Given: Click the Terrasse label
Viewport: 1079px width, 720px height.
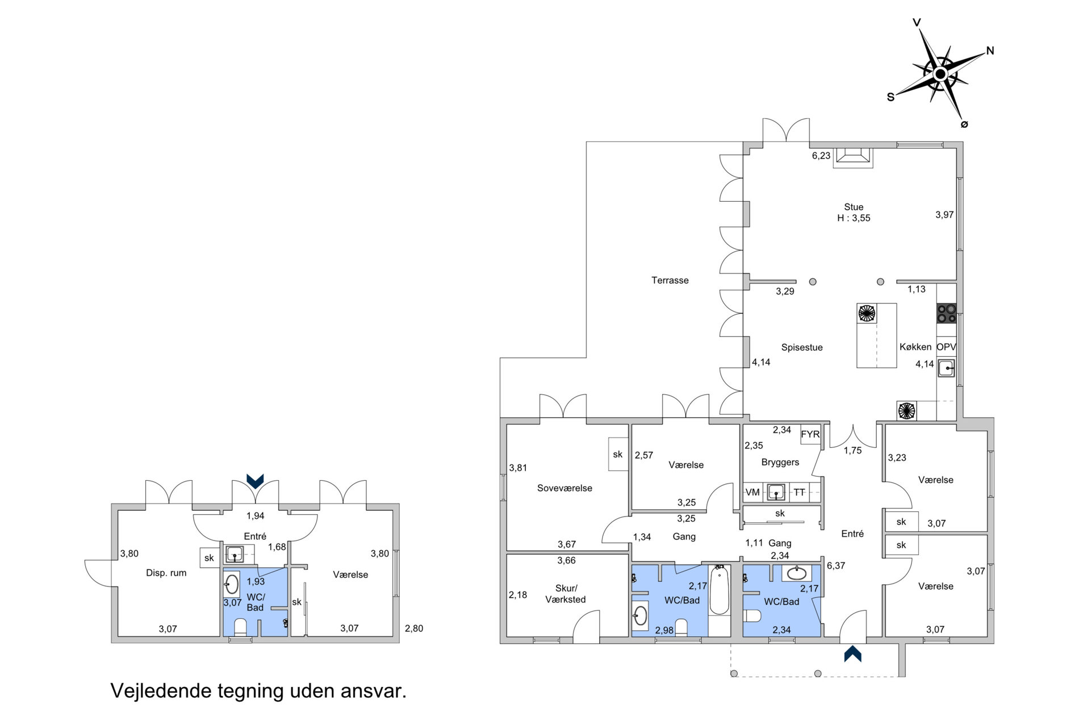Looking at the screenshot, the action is [670, 280].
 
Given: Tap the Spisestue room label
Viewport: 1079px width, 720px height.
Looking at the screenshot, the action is [801, 347].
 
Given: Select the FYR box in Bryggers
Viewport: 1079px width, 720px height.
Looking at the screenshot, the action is [810, 434].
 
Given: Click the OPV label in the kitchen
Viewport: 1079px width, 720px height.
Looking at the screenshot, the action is [946, 347].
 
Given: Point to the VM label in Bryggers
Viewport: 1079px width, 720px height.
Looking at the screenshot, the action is [752, 492].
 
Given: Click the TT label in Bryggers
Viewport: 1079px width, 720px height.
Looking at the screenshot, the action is [799, 492].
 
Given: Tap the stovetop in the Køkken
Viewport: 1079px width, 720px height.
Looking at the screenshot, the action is [946, 313].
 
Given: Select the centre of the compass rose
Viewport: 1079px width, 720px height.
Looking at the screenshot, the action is [940, 74].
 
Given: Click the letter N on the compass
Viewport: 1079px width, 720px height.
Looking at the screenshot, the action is [990, 51].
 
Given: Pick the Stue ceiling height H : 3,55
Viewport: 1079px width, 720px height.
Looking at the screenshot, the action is [854, 218].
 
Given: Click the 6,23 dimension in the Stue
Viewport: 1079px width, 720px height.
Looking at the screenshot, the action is [821, 156].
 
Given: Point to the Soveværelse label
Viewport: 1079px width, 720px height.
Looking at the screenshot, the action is [564, 488].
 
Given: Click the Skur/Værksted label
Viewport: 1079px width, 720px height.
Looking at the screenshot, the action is [566, 594].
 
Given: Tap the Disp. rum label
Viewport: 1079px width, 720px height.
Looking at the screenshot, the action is [166, 573].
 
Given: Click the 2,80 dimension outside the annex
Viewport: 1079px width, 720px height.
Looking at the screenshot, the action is [414, 629].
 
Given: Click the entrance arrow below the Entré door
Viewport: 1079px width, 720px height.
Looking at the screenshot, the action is [852, 654].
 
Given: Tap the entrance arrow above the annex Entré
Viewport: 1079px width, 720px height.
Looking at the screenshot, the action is [255, 481].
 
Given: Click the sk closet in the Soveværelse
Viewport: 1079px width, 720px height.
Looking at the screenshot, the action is [618, 454].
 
